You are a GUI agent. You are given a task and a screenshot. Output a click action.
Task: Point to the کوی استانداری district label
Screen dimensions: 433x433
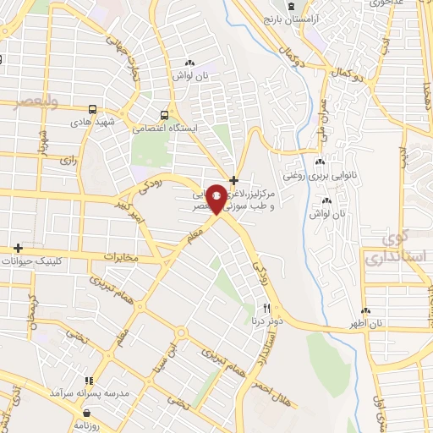click(388, 246)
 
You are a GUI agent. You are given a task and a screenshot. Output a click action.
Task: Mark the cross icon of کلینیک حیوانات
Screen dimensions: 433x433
click(17, 248)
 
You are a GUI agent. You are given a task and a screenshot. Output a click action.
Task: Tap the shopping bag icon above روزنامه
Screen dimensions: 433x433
click(89, 414)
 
